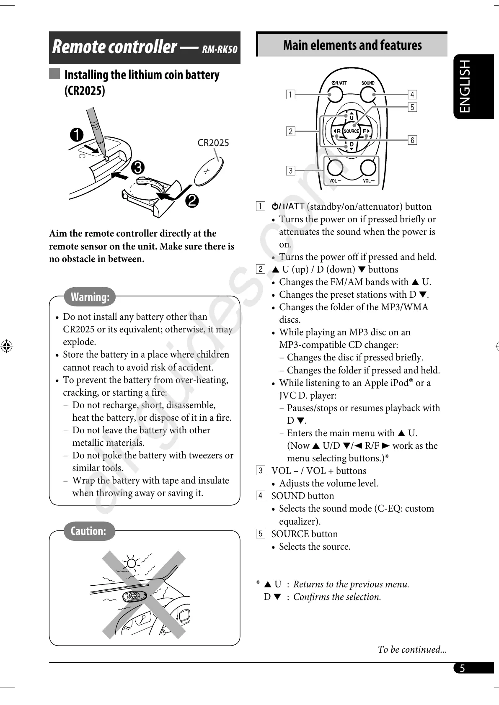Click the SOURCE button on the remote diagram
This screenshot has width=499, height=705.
coord(351,131)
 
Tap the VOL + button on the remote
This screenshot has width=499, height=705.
coord(368,168)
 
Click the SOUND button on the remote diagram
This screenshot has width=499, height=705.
coord(367,95)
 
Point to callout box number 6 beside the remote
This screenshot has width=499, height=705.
coord(412,140)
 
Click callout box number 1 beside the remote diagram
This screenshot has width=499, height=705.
coord(290,94)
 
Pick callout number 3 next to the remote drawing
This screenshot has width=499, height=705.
coord(290,170)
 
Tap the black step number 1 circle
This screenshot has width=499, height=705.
coord(77,135)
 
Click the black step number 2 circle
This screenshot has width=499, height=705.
coord(192,201)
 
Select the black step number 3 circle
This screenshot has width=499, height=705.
coord(137,167)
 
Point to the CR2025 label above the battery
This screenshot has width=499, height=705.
coord(213,143)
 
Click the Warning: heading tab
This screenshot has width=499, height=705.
coord(90,297)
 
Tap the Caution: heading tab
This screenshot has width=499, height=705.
coord(88,531)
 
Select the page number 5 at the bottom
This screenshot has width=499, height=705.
coord(462,668)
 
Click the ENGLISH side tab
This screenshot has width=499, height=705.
coord(465,86)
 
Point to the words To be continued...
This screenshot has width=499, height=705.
coord(412,649)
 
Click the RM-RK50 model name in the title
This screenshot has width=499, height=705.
coord(220,50)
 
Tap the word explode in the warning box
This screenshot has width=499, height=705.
coord(80,342)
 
